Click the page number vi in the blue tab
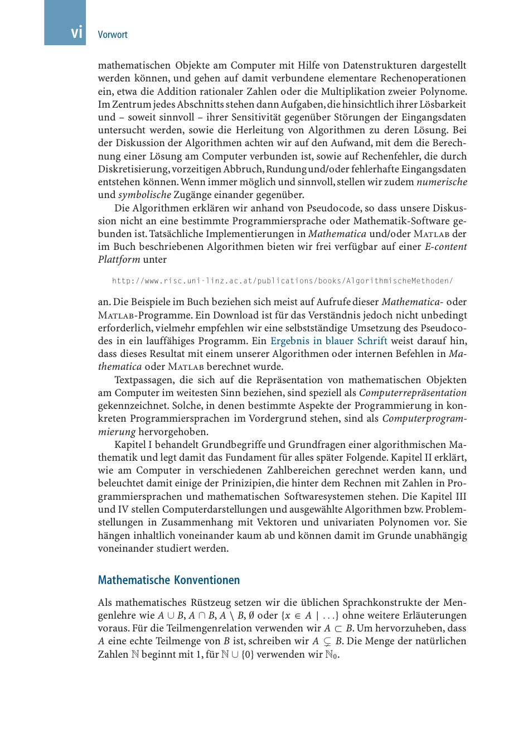point(76,33)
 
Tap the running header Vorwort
point(113,35)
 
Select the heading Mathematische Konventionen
point(168,580)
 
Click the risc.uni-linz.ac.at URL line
point(282,281)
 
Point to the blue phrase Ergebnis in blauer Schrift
point(329,341)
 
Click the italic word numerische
point(442,182)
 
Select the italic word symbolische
point(144,195)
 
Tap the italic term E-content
point(445,247)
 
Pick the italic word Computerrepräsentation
point(413,393)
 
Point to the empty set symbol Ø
point(251,615)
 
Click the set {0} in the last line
point(248,654)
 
